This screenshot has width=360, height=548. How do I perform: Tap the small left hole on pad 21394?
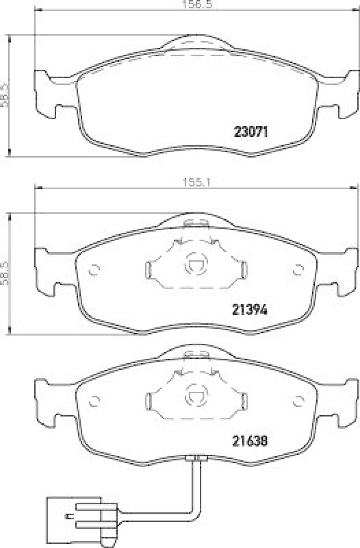click(95, 269)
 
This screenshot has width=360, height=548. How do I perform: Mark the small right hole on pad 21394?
click(297, 269)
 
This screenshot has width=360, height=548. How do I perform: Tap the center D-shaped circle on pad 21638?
click(196, 395)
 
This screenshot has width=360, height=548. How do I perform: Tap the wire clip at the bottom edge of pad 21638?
click(196, 458)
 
